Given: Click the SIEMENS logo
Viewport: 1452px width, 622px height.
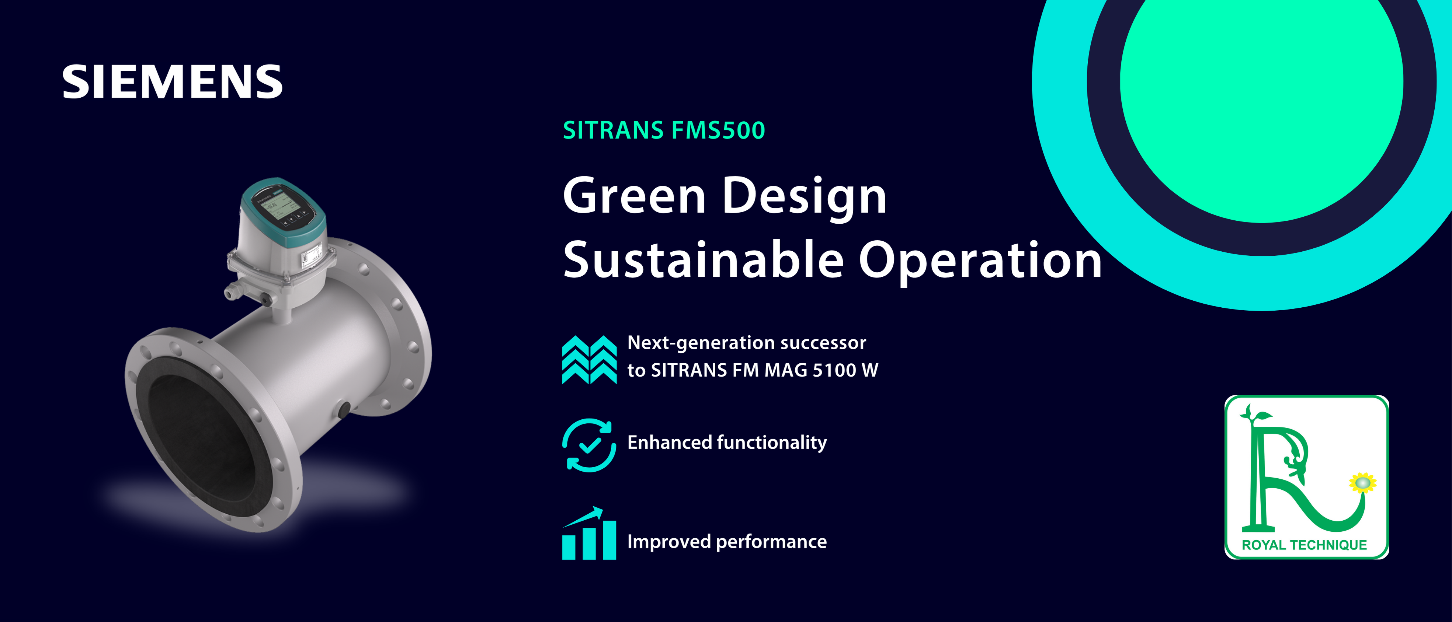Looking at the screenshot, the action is tap(172, 82).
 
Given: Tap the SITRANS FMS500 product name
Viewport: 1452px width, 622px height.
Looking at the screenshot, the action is tap(664, 130).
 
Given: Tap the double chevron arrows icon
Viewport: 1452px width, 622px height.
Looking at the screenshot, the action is tap(589, 359).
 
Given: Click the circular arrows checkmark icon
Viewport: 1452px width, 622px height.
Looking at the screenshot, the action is tap(589, 445).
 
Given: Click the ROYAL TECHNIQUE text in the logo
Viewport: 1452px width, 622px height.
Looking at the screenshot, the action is tap(1304, 545).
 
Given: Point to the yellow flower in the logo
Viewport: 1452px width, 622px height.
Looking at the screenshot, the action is tap(1362, 483).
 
